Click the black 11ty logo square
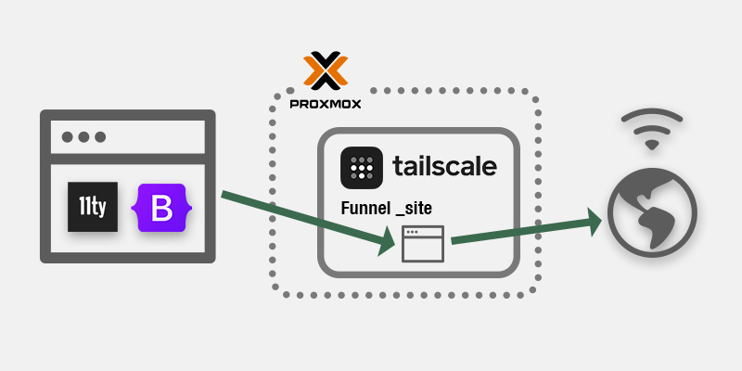point(92,207)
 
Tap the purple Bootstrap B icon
point(161,207)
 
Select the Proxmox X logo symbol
point(326,70)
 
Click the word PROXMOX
point(326,104)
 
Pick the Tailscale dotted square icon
point(362,168)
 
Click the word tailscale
point(444,166)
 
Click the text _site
point(414,209)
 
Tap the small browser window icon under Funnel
point(423,244)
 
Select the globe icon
point(652,212)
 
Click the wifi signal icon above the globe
point(652,129)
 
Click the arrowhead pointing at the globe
point(594,222)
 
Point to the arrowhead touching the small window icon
point(386,241)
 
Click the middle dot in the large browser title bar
point(83,137)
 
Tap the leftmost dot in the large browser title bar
point(67,137)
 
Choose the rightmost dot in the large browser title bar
point(100,137)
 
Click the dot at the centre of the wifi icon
point(652,145)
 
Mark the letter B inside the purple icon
point(161,208)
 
